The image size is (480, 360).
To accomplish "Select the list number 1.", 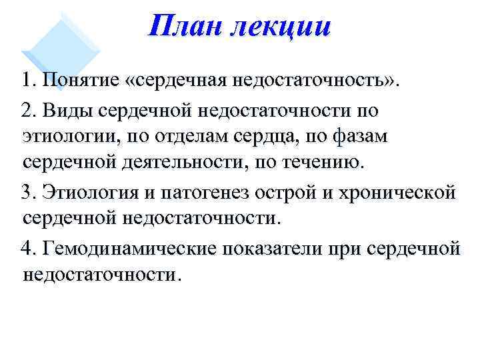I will click(x=27, y=81).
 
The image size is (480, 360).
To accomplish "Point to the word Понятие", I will click(x=80, y=81).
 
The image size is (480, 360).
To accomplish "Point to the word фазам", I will click(x=381, y=136).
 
